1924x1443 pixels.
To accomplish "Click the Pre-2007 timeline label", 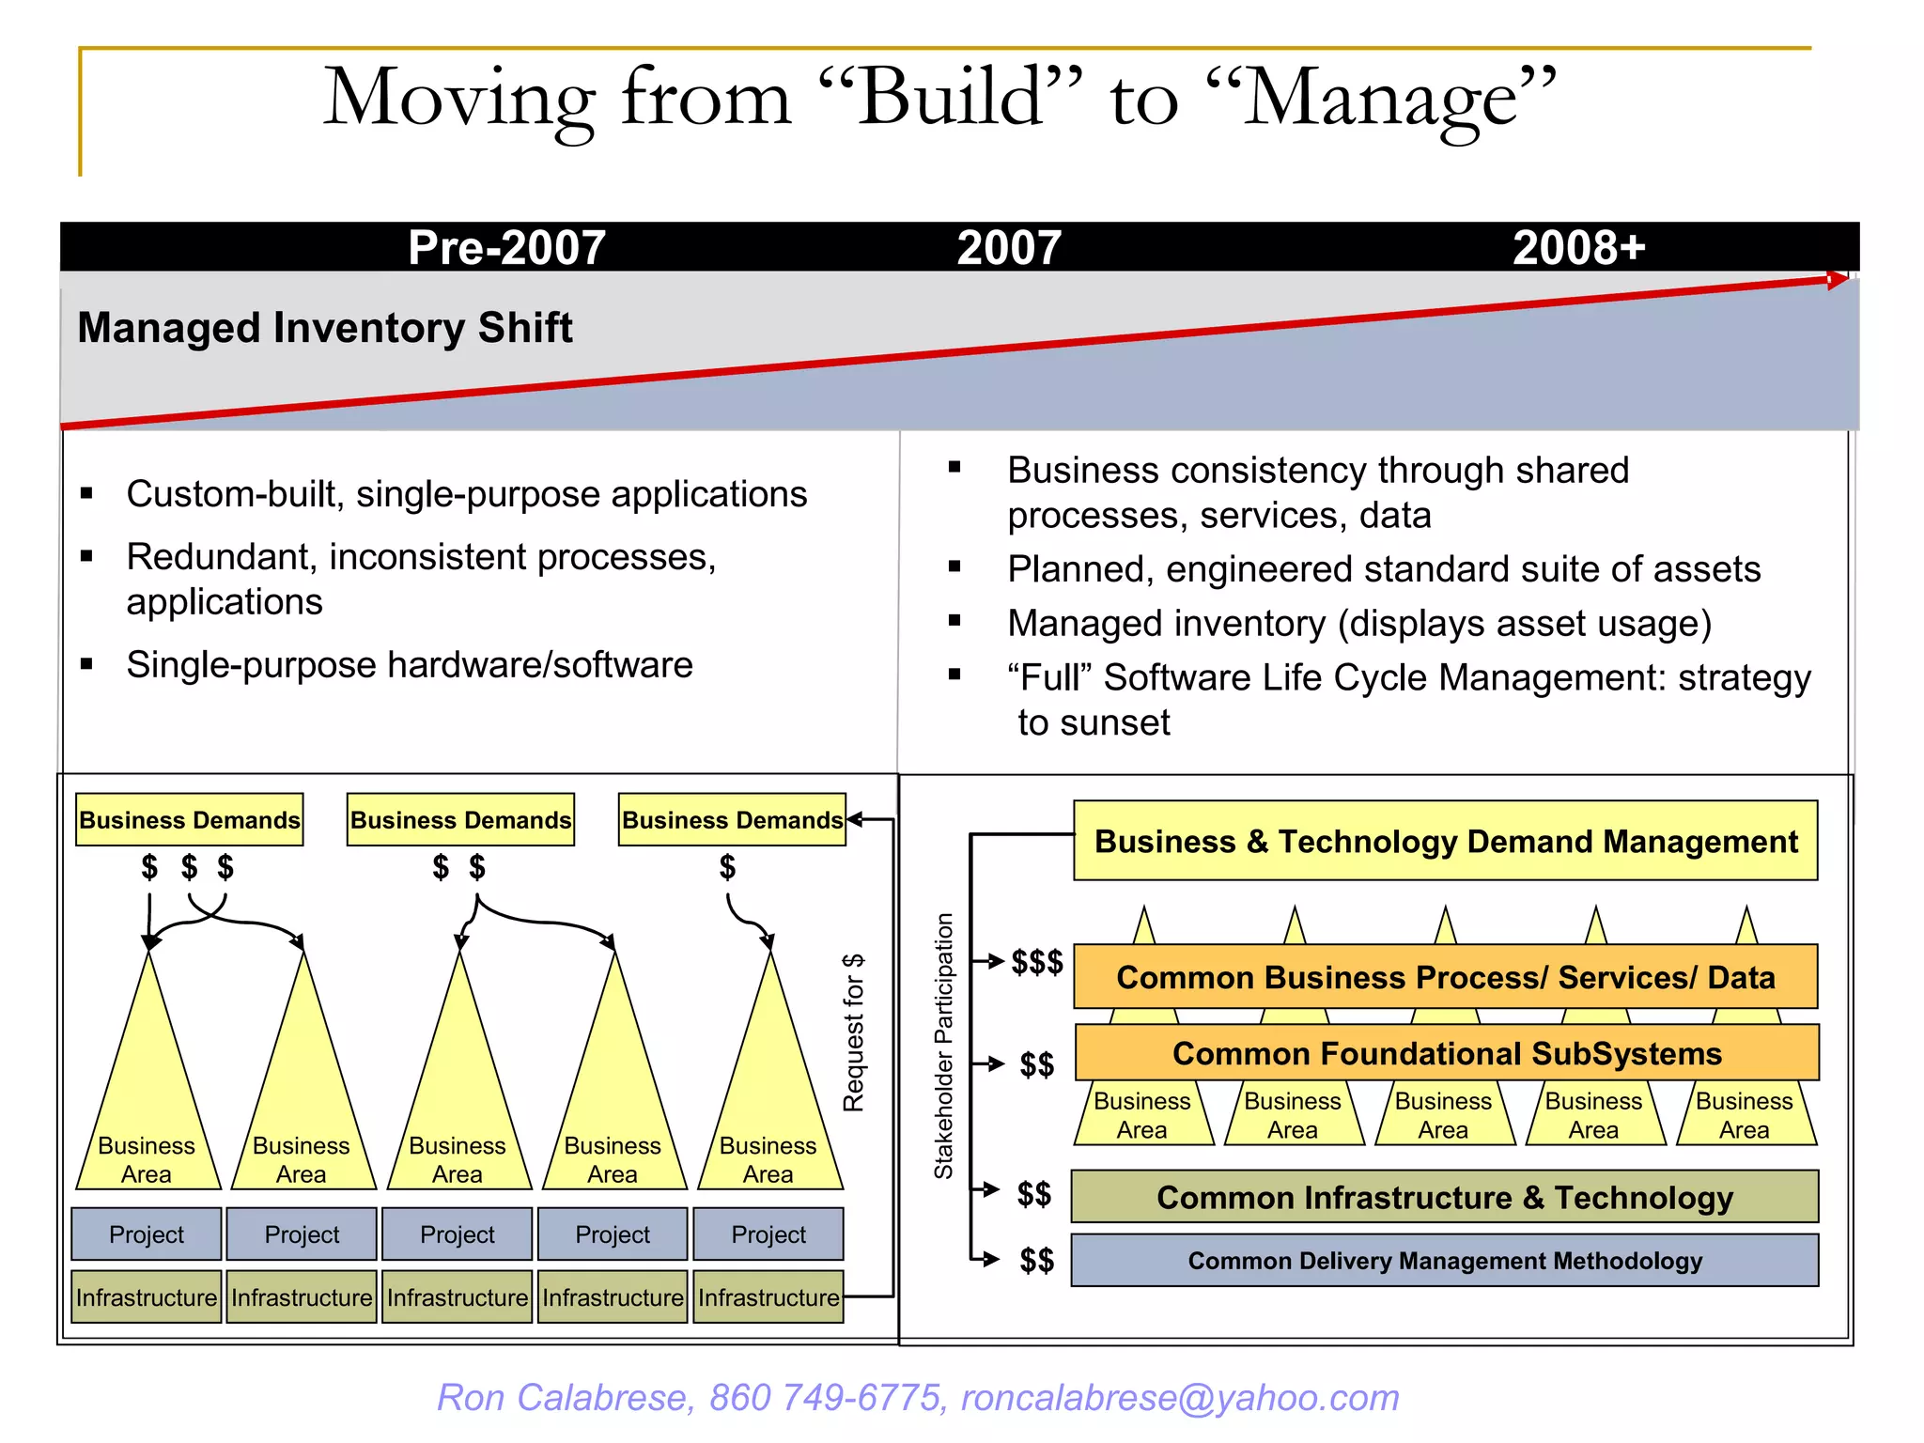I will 506,248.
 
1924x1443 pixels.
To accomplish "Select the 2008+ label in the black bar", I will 1578,248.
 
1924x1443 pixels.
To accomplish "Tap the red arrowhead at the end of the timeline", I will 1838,280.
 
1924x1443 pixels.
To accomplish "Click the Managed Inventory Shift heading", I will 325,328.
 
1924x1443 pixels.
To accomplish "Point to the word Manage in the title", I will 1381,98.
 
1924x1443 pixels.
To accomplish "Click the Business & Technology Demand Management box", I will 1445,841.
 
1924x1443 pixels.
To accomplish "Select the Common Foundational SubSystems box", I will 1447,1053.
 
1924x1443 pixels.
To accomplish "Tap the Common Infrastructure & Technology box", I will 1445,1197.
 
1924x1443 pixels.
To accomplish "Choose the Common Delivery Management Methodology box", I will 1445,1261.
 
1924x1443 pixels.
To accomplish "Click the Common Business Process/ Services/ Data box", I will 1445,977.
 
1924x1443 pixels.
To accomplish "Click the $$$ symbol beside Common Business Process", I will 1037,962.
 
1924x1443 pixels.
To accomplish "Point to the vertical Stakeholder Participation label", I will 943,1046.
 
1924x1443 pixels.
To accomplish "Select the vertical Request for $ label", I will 853,1032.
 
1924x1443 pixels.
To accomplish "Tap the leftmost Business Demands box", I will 190,820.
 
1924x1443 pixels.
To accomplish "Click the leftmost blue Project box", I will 147,1234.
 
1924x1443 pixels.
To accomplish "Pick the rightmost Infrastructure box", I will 768,1297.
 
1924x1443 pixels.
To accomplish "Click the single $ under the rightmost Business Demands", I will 727,866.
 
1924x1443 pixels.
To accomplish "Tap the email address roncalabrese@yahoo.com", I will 1180,1398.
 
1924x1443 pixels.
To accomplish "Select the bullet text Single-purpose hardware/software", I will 410,665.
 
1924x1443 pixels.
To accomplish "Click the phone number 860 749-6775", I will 825,1398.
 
